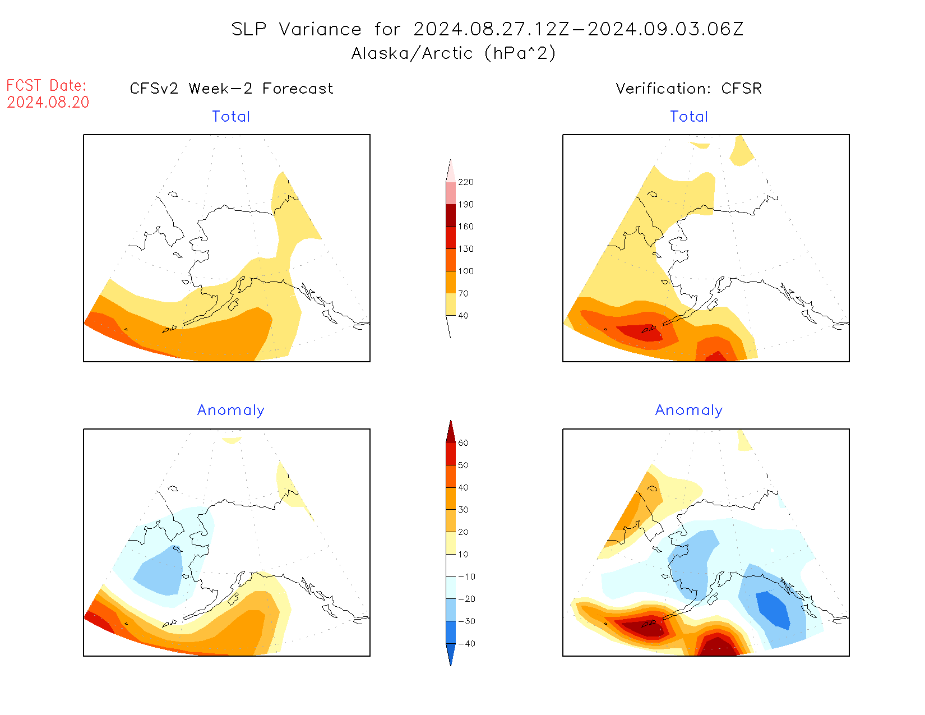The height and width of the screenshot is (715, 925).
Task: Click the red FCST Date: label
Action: pos(47,85)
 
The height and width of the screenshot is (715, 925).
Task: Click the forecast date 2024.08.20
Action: pos(48,102)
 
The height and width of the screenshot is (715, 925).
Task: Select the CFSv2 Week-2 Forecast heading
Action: pos(232,89)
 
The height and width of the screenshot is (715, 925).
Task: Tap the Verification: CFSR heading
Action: pos(688,89)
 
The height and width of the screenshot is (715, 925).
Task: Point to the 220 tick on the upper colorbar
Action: pos(465,182)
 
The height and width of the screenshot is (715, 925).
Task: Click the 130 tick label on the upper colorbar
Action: pos(465,249)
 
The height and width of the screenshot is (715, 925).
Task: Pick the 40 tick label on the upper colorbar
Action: pos(463,316)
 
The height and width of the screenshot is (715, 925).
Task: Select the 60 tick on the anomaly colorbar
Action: pos(463,443)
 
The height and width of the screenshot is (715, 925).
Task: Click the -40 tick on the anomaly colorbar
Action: pos(466,644)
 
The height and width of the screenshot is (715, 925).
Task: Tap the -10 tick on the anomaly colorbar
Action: pos(466,576)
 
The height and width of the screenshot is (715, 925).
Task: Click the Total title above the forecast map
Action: pos(231,117)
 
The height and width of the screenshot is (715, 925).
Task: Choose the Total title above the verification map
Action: pos(689,117)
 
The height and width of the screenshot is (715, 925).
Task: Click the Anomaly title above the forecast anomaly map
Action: pos(230,410)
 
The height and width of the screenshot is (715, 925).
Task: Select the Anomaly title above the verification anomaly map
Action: pos(689,410)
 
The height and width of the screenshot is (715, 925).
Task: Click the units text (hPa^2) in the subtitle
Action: pos(520,53)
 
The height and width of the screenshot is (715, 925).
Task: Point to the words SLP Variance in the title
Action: pos(297,29)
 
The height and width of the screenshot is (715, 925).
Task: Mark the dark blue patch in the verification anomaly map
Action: pos(774,610)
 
